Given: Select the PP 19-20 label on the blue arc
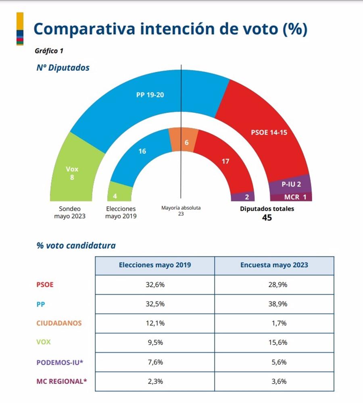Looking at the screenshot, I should (x=150, y=95).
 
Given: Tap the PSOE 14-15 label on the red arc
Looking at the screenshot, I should (x=269, y=132).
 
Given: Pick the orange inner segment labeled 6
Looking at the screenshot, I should (x=184, y=140).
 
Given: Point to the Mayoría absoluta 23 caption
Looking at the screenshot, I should (x=181, y=211).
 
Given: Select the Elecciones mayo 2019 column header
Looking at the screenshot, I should (x=155, y=265).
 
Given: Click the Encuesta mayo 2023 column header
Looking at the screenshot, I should (x=274, y=265).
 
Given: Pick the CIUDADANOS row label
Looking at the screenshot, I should (x=59, y=323).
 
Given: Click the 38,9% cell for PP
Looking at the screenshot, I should (x=274, y=304).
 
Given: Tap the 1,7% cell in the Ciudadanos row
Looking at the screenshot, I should (x=274, y=323).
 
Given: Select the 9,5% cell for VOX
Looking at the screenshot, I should (x=155, y=343).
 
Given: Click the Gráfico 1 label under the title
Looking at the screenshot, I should (x=49, y=51).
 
